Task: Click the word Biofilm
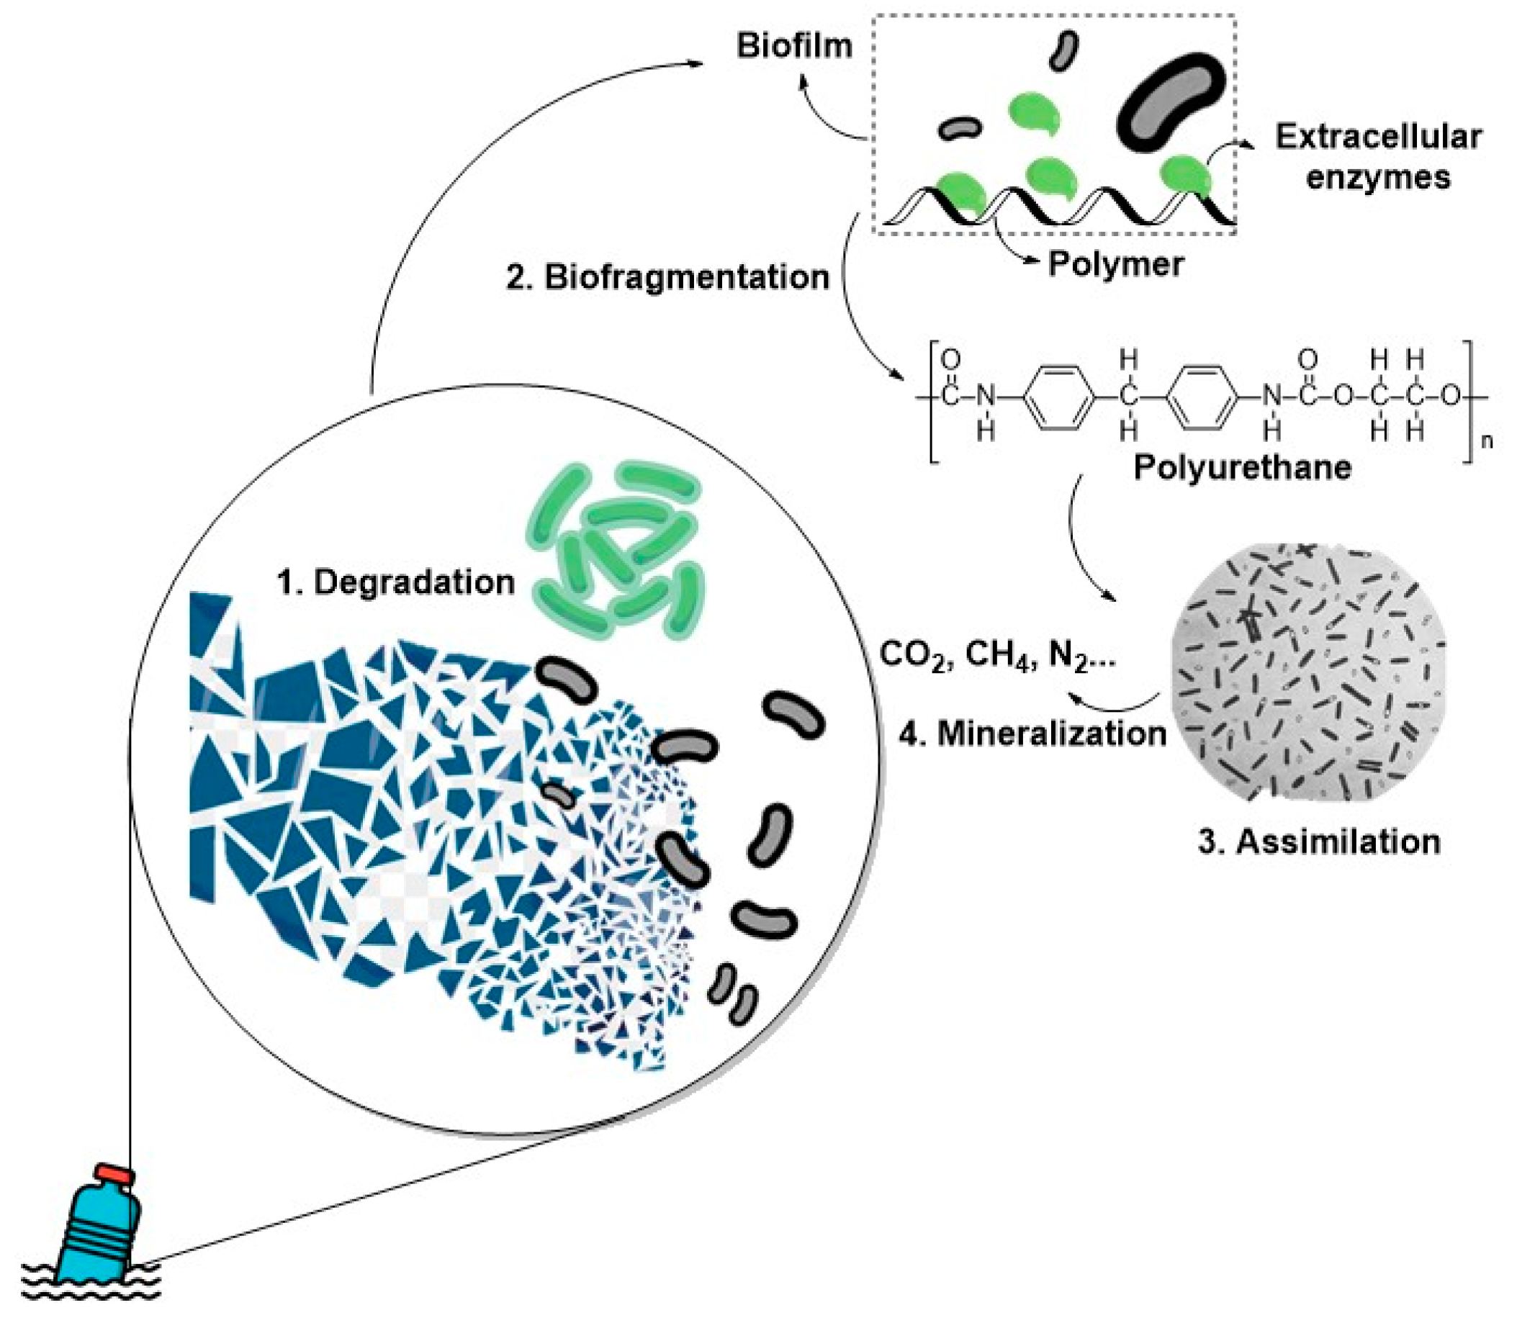[794, 46]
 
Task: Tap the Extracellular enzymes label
[1378, 158]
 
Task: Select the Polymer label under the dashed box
[1115, 264]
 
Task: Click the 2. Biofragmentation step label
[668, 278]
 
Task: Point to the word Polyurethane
[1242, 467]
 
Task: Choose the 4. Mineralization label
[1033, 734]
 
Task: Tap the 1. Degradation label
[395, 582]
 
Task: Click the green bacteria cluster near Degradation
[614, 548]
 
